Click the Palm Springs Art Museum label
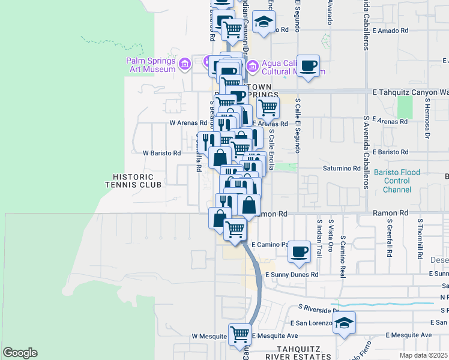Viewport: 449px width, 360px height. [151, 65]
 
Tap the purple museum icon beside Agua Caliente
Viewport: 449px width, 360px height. [252, 65]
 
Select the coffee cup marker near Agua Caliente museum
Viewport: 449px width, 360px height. [309, 66]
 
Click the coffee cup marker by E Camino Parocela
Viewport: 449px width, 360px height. [298, 251]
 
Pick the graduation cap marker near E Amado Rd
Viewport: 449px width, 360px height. [262, 23]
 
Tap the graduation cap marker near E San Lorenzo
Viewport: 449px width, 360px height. [343, 322]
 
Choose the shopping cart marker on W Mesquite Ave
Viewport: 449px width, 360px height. [240, 334]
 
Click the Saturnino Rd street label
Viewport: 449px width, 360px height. [340, 169]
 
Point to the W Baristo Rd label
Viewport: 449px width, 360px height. [161, 153]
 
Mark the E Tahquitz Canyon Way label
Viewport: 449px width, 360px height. [411, 92]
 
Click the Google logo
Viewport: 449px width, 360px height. [20, 353]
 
